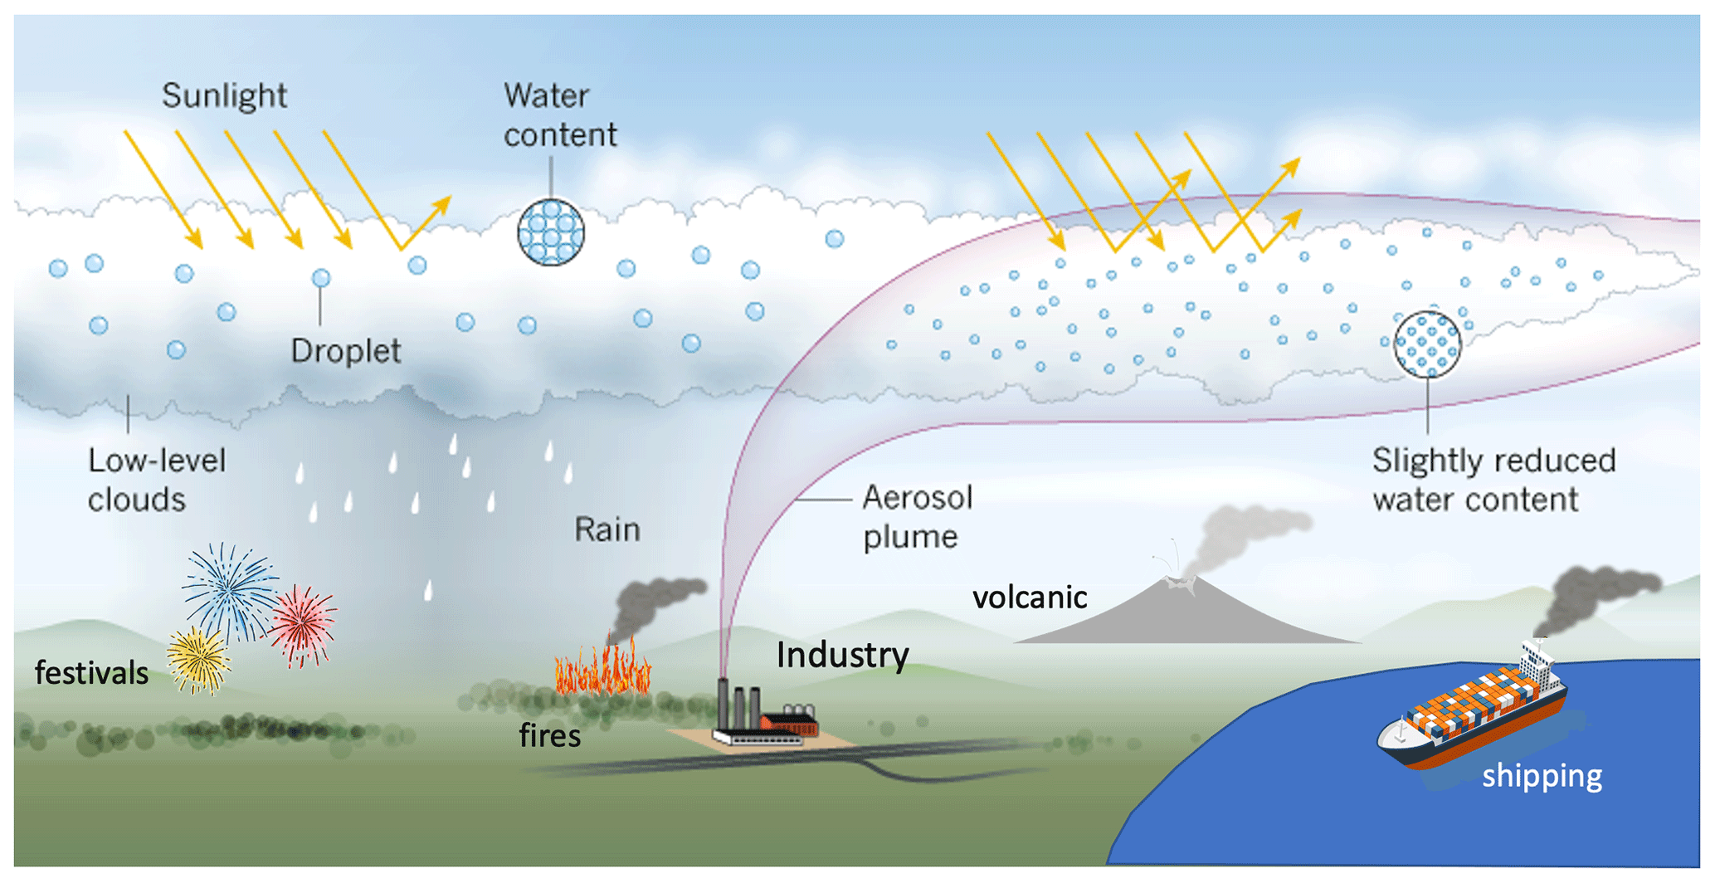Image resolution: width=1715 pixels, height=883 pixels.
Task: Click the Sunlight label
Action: point(224,96)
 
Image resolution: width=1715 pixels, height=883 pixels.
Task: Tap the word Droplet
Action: point(345,351)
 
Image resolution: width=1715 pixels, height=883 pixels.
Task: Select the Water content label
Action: point(560,115)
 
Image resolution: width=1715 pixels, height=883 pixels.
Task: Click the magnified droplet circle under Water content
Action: point(551,232)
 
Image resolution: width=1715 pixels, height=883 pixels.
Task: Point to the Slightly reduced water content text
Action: point(1493,480)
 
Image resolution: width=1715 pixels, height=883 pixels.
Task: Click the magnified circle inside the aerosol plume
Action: point(1427,344)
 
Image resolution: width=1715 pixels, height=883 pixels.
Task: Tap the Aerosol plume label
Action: point(917,516)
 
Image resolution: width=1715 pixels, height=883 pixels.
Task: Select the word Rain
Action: point(607,529)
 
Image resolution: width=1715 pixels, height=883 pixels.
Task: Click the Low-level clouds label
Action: point(156,480)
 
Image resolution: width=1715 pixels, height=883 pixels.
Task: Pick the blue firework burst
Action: point(229,590)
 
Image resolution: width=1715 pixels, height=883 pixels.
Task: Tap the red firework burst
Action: point(303,625)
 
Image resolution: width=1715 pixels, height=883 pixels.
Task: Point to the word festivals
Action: point(91,673)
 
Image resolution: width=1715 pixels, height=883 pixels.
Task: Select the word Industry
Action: point(842,655)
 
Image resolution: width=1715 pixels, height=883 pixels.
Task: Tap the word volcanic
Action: point(1029,598)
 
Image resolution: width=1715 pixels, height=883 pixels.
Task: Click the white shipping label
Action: point(1542,776)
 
